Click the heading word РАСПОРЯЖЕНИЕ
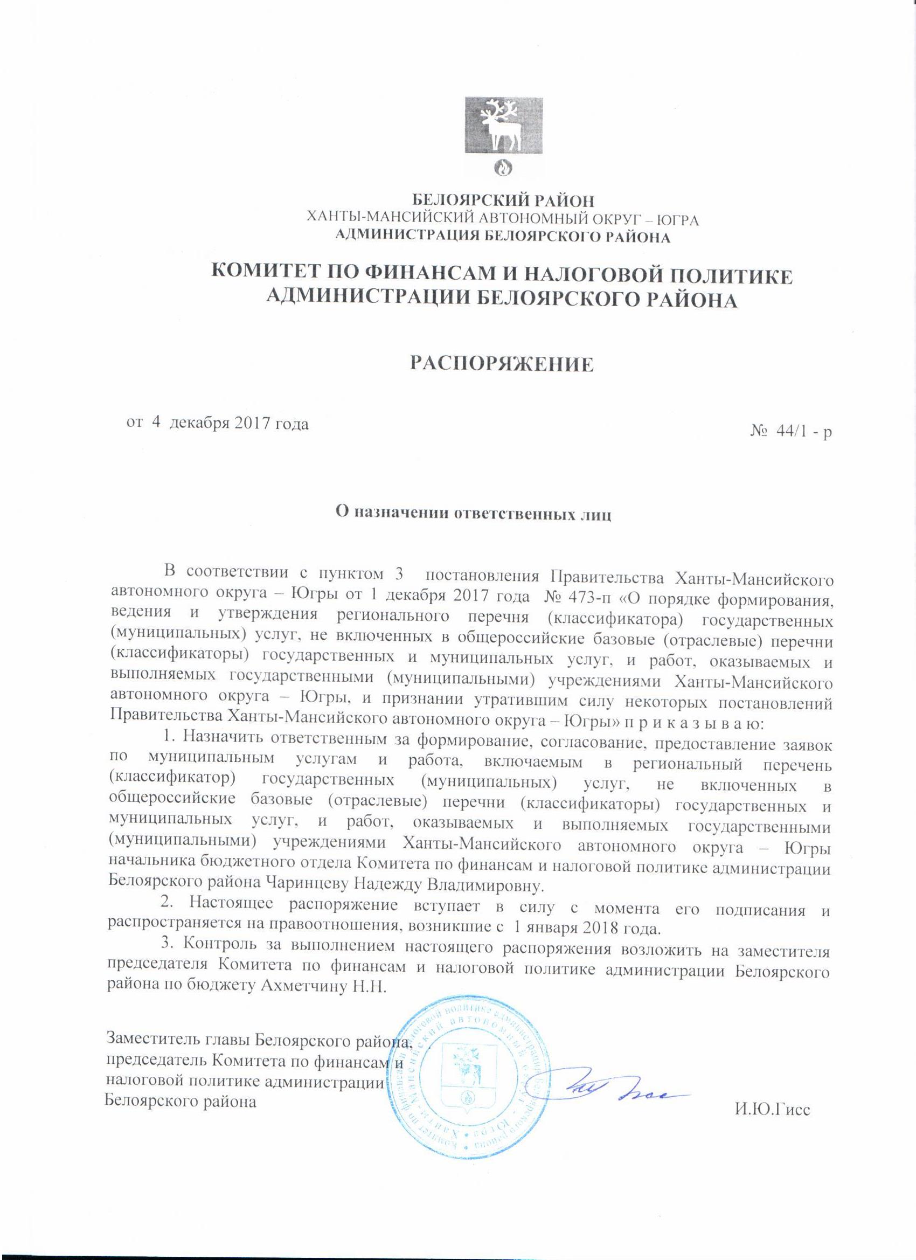click(x=502, y=363)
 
